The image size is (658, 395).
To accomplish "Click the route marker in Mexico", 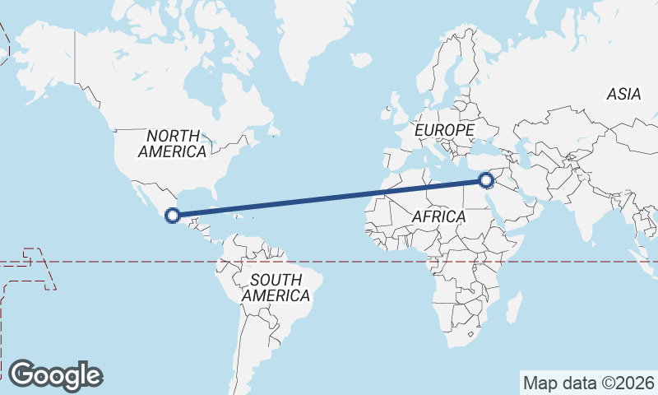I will tap(173, 216).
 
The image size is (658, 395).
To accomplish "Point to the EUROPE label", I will tap(444, 130).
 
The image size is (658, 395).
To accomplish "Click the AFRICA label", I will tap(438, 216).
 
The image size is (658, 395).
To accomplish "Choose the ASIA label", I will tap(623, 95).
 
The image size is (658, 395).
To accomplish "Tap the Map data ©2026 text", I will tap(588, 383).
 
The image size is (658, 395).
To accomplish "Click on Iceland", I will tap(360, 60).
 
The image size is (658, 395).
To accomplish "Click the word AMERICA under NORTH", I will tap(173, 151).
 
